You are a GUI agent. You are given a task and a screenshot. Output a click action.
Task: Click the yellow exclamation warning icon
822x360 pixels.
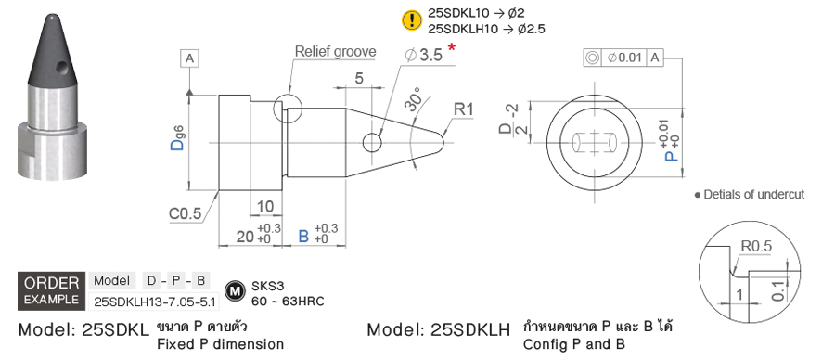(x=412, y=20)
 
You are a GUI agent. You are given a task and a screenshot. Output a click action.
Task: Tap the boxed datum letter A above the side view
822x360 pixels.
(x=189, y=59)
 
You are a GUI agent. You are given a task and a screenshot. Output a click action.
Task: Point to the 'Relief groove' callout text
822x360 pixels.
(x=336, y=52)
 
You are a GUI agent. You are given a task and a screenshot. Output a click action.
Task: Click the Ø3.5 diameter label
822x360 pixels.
(x=424, y=55)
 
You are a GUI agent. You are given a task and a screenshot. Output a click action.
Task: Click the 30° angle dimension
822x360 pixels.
(x=414, y=101)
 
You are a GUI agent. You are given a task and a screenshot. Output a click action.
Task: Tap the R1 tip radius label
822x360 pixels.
(x=464, y=110)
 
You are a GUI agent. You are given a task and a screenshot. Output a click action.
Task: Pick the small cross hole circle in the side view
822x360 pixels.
(x=372, y=142)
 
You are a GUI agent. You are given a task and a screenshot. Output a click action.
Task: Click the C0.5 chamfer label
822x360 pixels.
(x=185, y=213)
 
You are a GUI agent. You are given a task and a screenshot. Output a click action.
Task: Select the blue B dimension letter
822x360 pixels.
(x=303, y=236)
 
